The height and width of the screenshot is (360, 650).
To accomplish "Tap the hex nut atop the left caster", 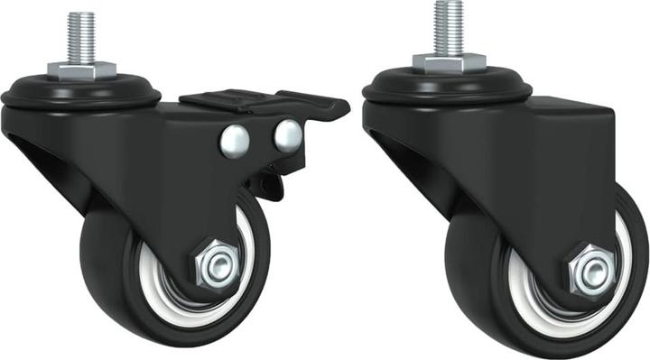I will point(81,69).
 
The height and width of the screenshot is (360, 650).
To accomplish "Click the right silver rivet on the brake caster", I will point(288,134).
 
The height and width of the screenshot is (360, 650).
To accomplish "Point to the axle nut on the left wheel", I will point(217,264).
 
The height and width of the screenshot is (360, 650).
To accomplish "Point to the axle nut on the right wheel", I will point(592,269).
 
